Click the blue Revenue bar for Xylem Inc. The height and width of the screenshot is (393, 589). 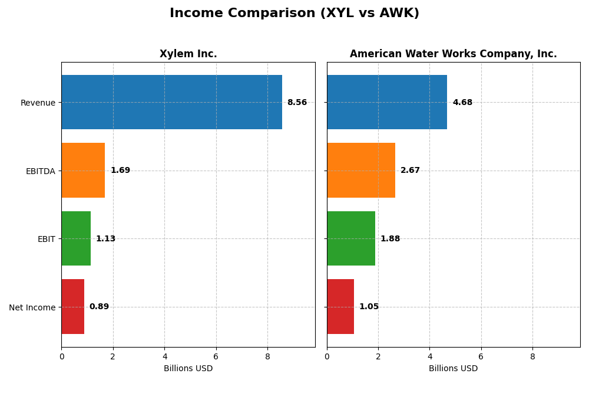[171, 102]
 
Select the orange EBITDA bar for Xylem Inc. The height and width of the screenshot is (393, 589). [83, 171]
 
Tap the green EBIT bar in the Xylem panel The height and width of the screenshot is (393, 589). [76, 238]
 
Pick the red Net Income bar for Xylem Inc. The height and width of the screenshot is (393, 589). [72, 307]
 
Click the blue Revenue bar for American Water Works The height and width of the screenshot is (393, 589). [387, 102]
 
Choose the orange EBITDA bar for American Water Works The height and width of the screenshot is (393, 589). [361, 171]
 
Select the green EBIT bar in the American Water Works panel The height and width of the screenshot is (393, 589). [351, 238]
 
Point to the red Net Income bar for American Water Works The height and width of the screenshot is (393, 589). [340, 307]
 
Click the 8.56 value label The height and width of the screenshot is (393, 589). [297, 103]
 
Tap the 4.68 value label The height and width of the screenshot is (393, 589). [462, 103]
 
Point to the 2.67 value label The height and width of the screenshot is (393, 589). [410, 171]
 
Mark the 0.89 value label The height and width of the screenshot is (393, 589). [99, 307]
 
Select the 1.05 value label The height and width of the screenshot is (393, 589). [369, 307]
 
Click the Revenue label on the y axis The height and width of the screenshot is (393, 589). [38, 103]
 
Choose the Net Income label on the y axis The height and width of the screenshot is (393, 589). [32, 307]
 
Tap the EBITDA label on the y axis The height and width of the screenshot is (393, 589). [40, 171]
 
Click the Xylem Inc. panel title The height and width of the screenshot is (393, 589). [188, 54]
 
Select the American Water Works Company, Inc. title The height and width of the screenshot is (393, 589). [453, 54]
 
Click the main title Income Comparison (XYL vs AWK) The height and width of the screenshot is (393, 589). [294, 14]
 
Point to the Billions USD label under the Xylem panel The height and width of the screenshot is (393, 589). [188, 369]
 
